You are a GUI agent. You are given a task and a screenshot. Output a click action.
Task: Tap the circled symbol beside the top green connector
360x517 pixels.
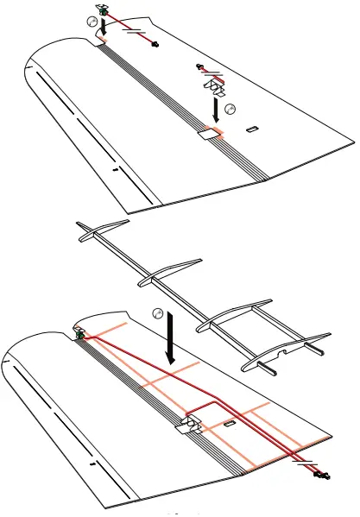tap(92, 23)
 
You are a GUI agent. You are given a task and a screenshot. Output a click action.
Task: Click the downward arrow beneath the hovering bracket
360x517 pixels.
tap(214, 109)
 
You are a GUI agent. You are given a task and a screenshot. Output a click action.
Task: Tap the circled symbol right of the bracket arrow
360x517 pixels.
tap(230, 108)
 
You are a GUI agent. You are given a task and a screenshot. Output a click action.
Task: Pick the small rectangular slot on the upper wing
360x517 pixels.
tap(251, 130)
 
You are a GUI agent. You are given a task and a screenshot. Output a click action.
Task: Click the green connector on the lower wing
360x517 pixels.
tap(79, 332)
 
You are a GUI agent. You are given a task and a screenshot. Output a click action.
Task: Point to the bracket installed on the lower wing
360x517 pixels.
tap(189, 424)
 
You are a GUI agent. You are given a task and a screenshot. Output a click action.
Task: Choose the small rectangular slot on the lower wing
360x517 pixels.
tap(229, 425)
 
